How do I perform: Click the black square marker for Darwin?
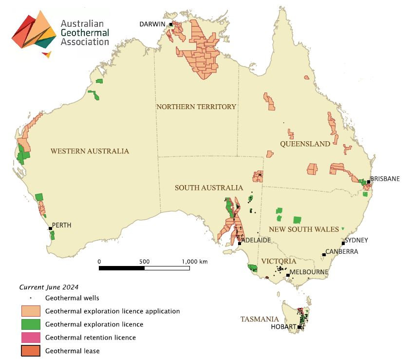tap(171, 24)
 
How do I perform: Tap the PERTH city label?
tap(61, 225)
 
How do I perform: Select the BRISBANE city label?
tap(385, 179)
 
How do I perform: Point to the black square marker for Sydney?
tap(344, 244)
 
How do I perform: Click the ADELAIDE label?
tap(256, 240)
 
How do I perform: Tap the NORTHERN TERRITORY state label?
tap(196, 107)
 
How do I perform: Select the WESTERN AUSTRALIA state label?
tap(90, 151)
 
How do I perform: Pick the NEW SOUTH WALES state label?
tap(304, 229)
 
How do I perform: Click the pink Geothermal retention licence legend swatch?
tap(31, 338)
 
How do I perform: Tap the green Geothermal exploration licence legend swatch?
tap(31, 324)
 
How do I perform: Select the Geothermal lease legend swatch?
tap(31, 351)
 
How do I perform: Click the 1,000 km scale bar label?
tap(195, 262)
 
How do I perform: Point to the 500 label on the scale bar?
tap(145, 262)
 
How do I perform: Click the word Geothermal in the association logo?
tap(85, 33)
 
